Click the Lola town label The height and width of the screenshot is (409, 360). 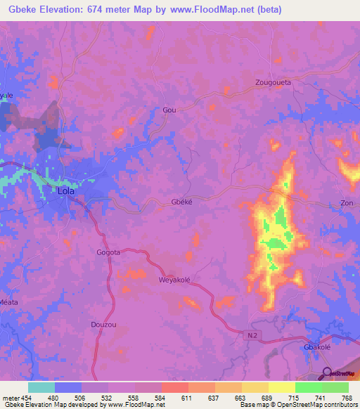(65, 190)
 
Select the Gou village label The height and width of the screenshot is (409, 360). (169, 110)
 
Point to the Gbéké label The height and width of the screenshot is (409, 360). (182, 202)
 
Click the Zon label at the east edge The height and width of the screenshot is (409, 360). (347, 202)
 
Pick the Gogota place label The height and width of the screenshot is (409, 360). (108, 252)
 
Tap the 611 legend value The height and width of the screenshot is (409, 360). (186, 398)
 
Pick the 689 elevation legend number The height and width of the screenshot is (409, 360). (266, 398)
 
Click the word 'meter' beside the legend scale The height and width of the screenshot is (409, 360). (9, 398)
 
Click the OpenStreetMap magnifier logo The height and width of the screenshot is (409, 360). (327, 374)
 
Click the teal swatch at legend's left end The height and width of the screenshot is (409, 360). (41, 387)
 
